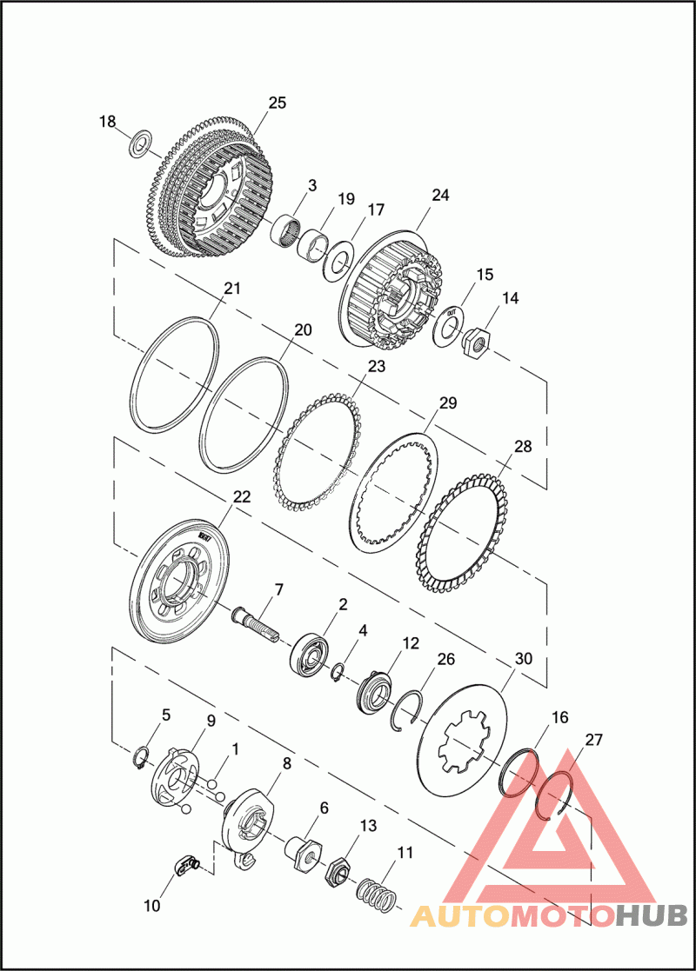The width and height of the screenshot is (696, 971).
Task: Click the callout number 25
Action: (277, 103)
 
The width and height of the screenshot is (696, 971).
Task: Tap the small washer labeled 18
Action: (142, 143)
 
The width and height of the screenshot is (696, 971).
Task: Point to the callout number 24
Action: (440, 195)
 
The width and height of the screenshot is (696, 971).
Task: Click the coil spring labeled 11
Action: (376, 895)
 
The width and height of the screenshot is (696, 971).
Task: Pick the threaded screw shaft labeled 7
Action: (256, 627)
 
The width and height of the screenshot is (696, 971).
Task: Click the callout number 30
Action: (524, 658)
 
